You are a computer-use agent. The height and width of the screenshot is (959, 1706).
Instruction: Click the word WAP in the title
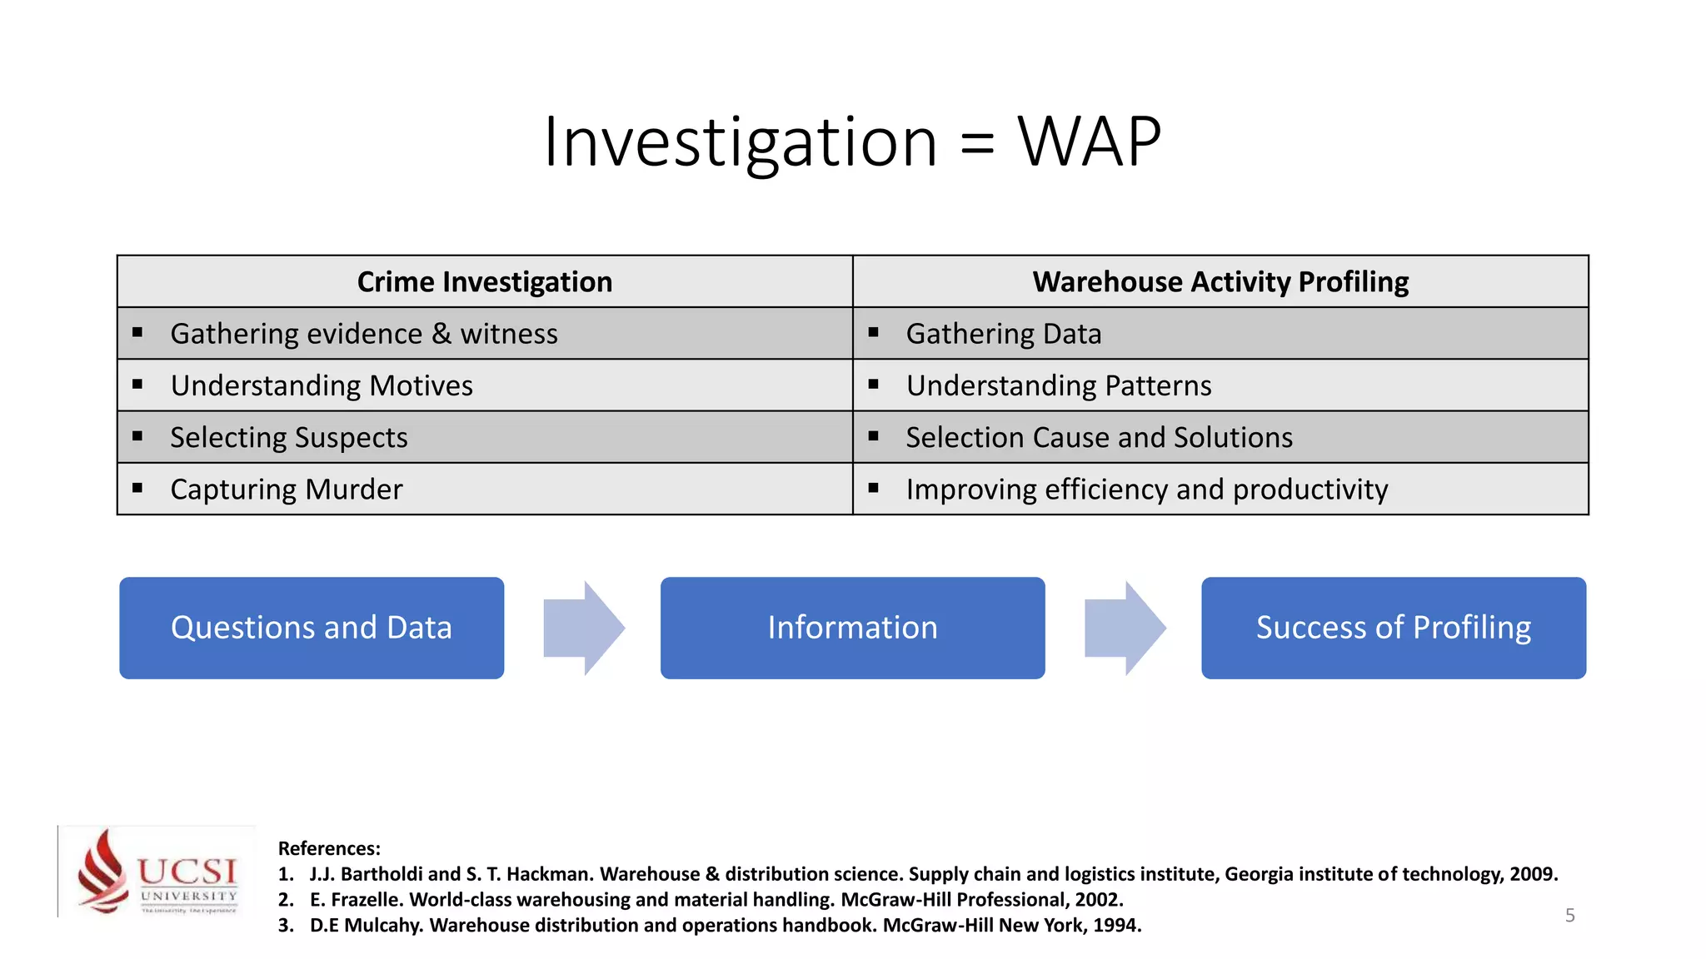point(1089,142)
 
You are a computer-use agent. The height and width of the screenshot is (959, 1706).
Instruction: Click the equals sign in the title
point(976,144)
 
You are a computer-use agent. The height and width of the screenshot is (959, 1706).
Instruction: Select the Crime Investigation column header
point(485,282)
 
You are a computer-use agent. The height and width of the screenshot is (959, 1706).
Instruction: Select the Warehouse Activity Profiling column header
point(1220,282)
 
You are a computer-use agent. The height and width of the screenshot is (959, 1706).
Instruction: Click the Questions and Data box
point(312,628)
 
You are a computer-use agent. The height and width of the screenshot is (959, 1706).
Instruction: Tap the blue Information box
point(852,628)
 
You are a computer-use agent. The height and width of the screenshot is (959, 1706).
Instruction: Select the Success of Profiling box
point(1393,628)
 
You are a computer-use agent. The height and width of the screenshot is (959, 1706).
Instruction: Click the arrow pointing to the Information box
point(582,628)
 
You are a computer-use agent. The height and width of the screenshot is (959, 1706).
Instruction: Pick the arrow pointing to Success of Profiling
point(1124,628)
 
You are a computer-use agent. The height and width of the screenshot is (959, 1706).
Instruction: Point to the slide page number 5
point(1569,916)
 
